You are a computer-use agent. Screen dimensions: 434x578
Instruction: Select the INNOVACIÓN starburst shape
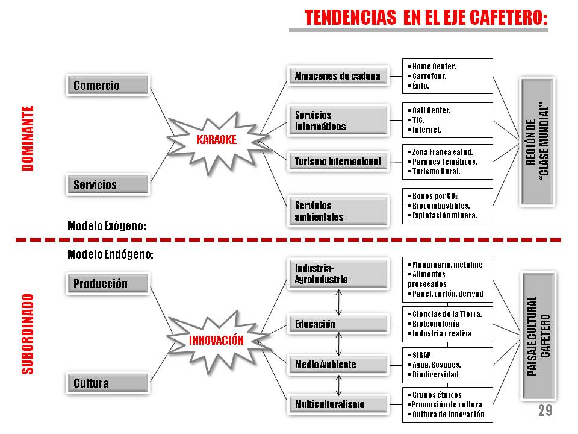coord(216,340)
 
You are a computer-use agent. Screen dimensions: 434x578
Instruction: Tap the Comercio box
coord(107,86)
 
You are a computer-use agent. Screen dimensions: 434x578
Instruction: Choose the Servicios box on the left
coord(107,184)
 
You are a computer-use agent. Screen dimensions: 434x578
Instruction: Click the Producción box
coord(107,284)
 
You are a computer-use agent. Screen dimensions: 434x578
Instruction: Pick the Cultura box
coord(107,383)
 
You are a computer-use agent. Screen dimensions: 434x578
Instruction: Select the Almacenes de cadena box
coord(338,76)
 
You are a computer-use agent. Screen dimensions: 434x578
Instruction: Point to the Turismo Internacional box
coord(338,161)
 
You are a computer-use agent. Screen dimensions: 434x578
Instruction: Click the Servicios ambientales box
coord(338,211)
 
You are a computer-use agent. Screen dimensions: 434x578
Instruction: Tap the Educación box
coord(338,324)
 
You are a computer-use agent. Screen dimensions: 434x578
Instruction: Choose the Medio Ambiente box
coord(338,365)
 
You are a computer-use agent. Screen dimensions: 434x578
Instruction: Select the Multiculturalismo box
coord(338,404)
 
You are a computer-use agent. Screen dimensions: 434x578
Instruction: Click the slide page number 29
coord(545,412)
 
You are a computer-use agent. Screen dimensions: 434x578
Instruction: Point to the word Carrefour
coord(429,76)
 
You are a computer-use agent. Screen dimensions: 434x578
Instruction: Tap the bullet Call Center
coord(431,111)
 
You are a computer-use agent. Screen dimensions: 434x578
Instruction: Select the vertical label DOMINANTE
coord(28,139)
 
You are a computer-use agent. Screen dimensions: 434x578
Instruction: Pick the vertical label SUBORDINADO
coord(28,334)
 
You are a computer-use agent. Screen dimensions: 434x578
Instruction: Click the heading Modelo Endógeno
coord(110,254)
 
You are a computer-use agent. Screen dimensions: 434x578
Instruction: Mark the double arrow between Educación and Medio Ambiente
coord(339,344)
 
